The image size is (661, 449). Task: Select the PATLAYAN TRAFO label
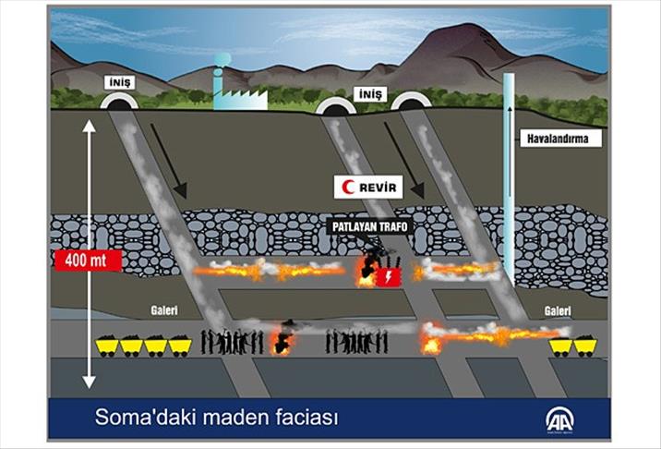click(x=367, y=225)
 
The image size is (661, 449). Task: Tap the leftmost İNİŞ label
click(x=120, y=82)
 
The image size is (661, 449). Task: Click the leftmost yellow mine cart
click(x=107, y=346)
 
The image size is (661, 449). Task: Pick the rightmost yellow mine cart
click(x=584, y=346)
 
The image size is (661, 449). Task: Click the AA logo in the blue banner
click(x=560, y=417)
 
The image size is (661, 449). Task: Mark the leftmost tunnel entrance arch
click(x=120, y=104)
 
